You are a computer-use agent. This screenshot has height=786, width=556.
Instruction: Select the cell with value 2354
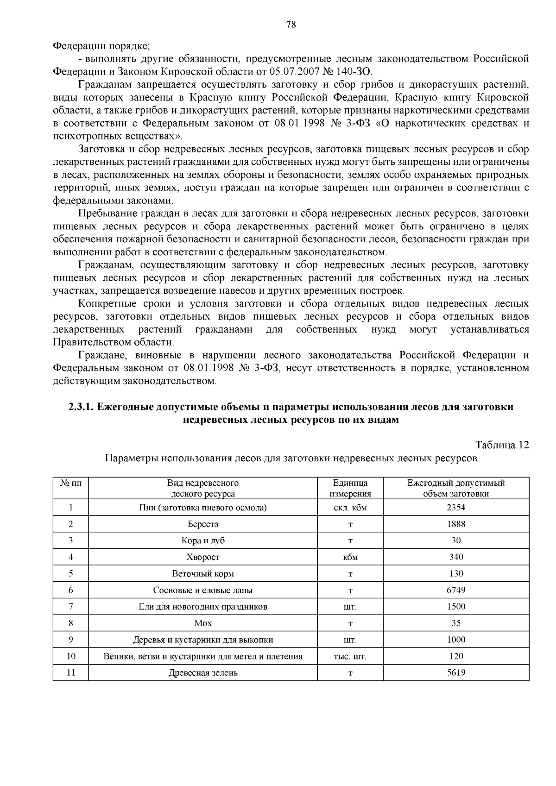(x=456, y=507)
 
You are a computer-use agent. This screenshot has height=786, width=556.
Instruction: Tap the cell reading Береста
(x=203, y=524)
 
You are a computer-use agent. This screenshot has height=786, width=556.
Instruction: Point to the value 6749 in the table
(x=456, y=590)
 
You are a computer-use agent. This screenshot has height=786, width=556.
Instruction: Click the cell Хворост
(x=203, y=557)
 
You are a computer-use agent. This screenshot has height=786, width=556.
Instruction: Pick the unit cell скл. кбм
(x=350, y=507)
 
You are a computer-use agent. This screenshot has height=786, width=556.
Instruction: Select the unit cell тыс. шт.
(x=350, y=656)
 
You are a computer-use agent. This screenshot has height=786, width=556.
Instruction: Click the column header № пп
(x=71, y=483)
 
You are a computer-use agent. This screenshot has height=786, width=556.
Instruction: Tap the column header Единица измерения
(x=350, y=488)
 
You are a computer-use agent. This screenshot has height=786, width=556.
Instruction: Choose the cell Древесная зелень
(x=203, y=673)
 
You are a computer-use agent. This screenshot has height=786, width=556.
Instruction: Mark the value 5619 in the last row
(x=456, y=673)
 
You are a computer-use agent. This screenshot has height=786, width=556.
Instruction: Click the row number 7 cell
(x=71, y=606)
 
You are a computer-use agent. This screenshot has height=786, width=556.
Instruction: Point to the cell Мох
(x=203, y=623)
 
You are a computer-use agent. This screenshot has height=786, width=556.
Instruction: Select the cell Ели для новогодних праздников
(x=203, y=606)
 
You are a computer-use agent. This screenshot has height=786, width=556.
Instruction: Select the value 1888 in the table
(x=456, y=524)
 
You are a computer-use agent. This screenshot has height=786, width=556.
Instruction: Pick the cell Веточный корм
(x=203, y=573)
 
